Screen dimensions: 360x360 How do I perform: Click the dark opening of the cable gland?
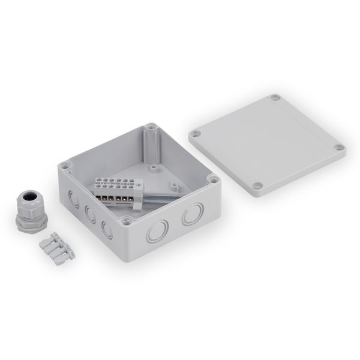click(28, 196)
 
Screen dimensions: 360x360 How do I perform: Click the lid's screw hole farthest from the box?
click(275, 97)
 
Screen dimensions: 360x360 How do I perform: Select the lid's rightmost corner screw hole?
click(339, 148)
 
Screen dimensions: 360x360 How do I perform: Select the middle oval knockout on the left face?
click(89, 212)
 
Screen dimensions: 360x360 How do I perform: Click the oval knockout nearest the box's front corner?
click(107, 229)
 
